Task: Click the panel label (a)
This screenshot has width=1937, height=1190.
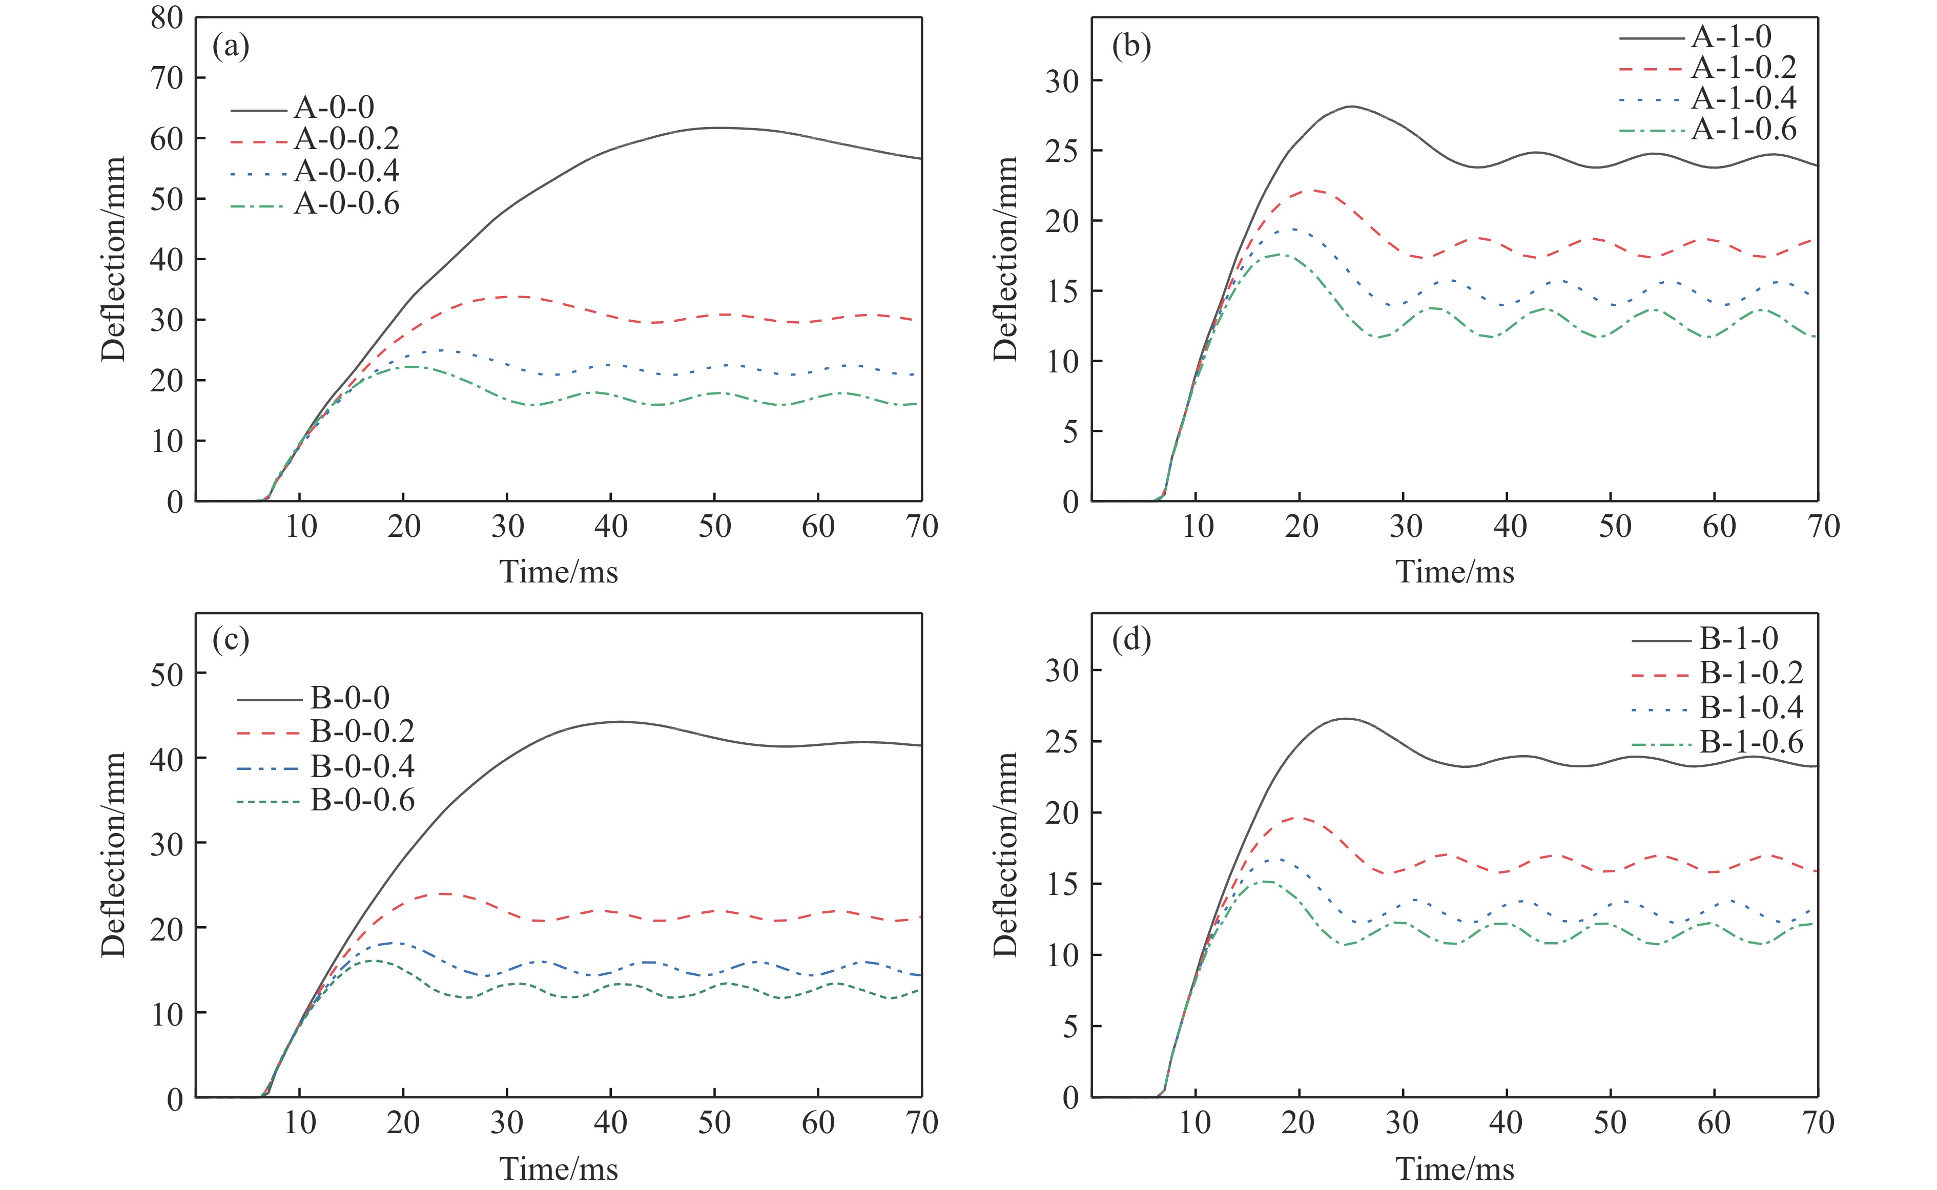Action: [x=231, y=47]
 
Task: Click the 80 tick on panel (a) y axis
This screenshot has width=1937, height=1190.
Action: [x=167, y=18]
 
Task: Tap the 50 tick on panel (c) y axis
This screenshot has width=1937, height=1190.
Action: [x=167, y=674]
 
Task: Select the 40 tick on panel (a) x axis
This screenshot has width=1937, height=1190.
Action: [x=611, y=527]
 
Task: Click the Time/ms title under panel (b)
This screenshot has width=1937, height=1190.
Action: [x=1454, y=572]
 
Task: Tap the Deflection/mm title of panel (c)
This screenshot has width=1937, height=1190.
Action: [x=114, y=855]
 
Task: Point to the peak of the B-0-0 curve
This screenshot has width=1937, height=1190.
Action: [x=620, y=721]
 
